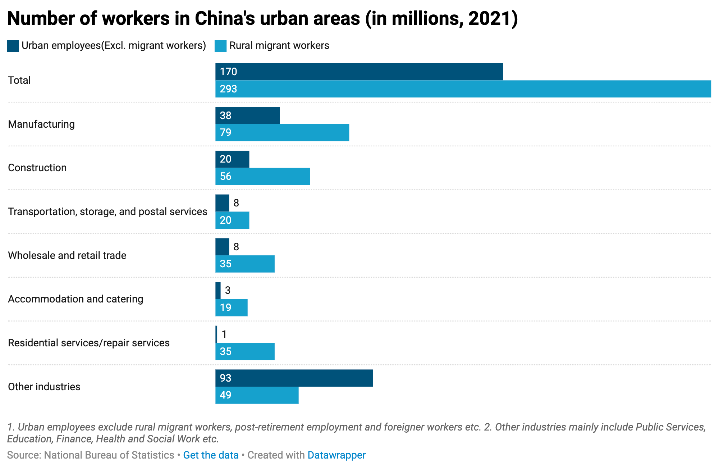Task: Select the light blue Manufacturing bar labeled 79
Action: click(282, 133)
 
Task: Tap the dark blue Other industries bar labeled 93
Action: click(294, 378)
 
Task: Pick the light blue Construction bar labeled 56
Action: click(262, 177)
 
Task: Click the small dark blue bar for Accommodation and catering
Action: click(218, 291)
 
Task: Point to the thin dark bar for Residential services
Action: click(216, 334)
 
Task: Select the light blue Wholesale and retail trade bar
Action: click(245, 264)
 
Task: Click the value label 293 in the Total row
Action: click(228, 89)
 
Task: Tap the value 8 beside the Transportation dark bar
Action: click(236, 203)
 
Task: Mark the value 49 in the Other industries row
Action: click(225, 395)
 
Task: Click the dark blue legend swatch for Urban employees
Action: click(13, 46)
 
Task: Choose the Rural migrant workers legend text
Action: click(279, 46)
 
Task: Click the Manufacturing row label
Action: click(41, 124)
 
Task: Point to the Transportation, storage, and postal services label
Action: click(107, 212)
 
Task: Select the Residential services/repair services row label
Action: click(89, 343)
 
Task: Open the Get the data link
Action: click(211, 455)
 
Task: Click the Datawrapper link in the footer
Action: click(336, 455)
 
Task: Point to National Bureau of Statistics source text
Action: click(109, 455)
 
